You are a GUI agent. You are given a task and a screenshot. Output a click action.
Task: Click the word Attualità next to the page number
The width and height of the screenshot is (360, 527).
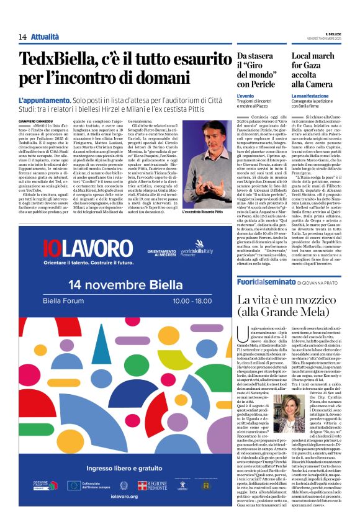pos(45,37)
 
